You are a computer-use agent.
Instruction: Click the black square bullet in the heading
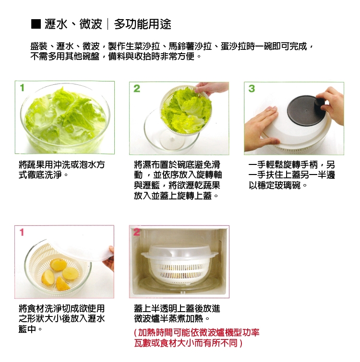point(36,24)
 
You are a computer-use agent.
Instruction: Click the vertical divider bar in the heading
point(108,24)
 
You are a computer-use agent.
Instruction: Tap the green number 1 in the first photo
point(22,88)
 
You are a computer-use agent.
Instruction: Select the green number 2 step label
point(137,88)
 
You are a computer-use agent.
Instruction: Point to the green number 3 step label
point(252,88)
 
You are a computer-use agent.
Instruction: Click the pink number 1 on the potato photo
point(22,232)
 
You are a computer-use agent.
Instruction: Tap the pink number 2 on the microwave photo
point(136,232)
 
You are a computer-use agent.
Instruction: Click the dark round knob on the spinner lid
point(320,105)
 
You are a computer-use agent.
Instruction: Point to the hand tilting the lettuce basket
point(211,88)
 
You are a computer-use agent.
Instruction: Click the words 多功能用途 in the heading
point(143,24)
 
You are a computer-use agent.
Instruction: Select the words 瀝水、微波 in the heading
point(73,24)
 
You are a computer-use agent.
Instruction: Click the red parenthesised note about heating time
point(197,338)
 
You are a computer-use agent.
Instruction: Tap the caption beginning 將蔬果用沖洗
point(62,170)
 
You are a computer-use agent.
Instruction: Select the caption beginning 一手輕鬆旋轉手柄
point(292,175)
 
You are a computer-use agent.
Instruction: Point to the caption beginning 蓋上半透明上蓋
point(177,314)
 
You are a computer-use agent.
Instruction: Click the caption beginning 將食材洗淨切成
point(62,319)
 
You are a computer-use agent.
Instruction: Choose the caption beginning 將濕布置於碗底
point(178,180)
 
